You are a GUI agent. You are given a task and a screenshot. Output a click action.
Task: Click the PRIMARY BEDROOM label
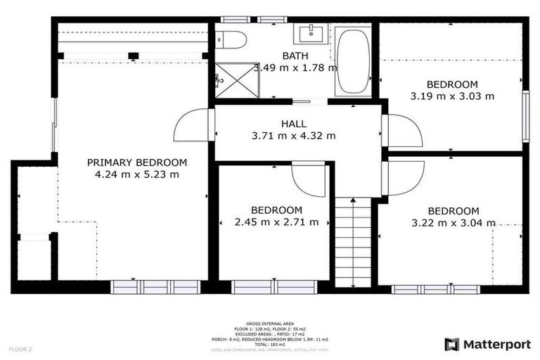[137, 162]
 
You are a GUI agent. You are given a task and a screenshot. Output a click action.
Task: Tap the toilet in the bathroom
[230, 39]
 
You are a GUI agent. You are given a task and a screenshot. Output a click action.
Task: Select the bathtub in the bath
[353, 62]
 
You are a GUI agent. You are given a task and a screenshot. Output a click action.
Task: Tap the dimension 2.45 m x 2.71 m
[276, 222]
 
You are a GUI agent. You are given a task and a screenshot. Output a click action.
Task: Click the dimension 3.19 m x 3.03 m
[452, 96]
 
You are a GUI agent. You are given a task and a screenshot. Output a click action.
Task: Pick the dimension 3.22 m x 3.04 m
[454, 223]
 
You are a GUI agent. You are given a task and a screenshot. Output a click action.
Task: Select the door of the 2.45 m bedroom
[309, 180]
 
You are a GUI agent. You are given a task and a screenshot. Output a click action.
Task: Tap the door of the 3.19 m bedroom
[403, 131]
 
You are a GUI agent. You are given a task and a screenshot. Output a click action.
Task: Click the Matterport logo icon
[451, 344]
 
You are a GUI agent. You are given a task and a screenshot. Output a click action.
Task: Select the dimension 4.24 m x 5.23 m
[137, 174]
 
